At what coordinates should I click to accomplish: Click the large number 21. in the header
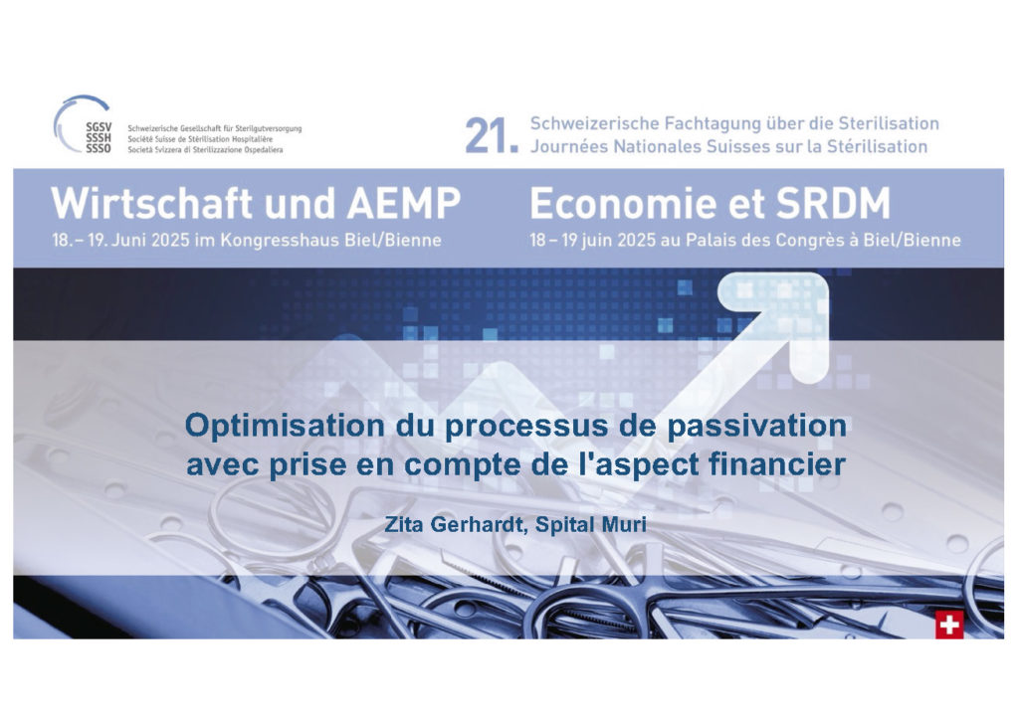tap(492, 136)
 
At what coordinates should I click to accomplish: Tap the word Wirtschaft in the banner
tap(153, 203)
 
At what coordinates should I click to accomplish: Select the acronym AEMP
tap(404, 203)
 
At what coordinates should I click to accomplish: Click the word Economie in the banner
tap(624, 204)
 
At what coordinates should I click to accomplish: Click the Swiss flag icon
tap(949, 626)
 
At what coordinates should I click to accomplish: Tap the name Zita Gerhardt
tap(454, 524)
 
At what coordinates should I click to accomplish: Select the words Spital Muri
tap(591, 524)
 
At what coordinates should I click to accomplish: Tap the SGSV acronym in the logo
tap(99, 126)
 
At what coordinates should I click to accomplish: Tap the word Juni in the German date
tap(129, 241)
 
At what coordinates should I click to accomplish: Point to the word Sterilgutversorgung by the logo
tap(269, 129)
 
